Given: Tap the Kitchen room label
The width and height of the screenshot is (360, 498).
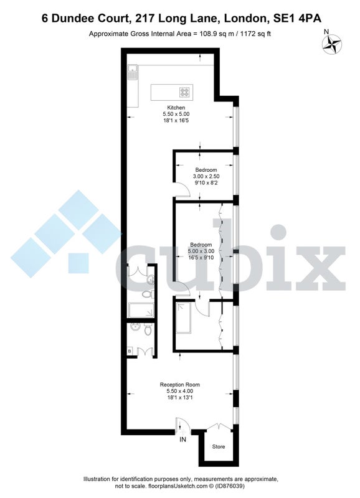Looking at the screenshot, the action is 176,107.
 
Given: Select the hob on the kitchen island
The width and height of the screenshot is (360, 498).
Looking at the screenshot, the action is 185,92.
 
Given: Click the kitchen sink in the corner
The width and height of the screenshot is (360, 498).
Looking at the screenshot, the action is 132,72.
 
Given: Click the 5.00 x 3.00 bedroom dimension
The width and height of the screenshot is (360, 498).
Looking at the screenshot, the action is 201,251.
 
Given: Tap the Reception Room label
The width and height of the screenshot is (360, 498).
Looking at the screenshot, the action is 179,385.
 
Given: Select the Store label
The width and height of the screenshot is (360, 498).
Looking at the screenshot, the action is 218,446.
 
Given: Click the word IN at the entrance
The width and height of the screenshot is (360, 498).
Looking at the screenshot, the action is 182,440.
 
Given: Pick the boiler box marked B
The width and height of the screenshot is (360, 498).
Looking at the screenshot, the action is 130,351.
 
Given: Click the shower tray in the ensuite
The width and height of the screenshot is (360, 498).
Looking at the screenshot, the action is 183,317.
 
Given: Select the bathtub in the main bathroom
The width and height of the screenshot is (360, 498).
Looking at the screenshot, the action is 141,310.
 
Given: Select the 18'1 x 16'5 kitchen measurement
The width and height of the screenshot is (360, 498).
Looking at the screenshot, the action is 176,120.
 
